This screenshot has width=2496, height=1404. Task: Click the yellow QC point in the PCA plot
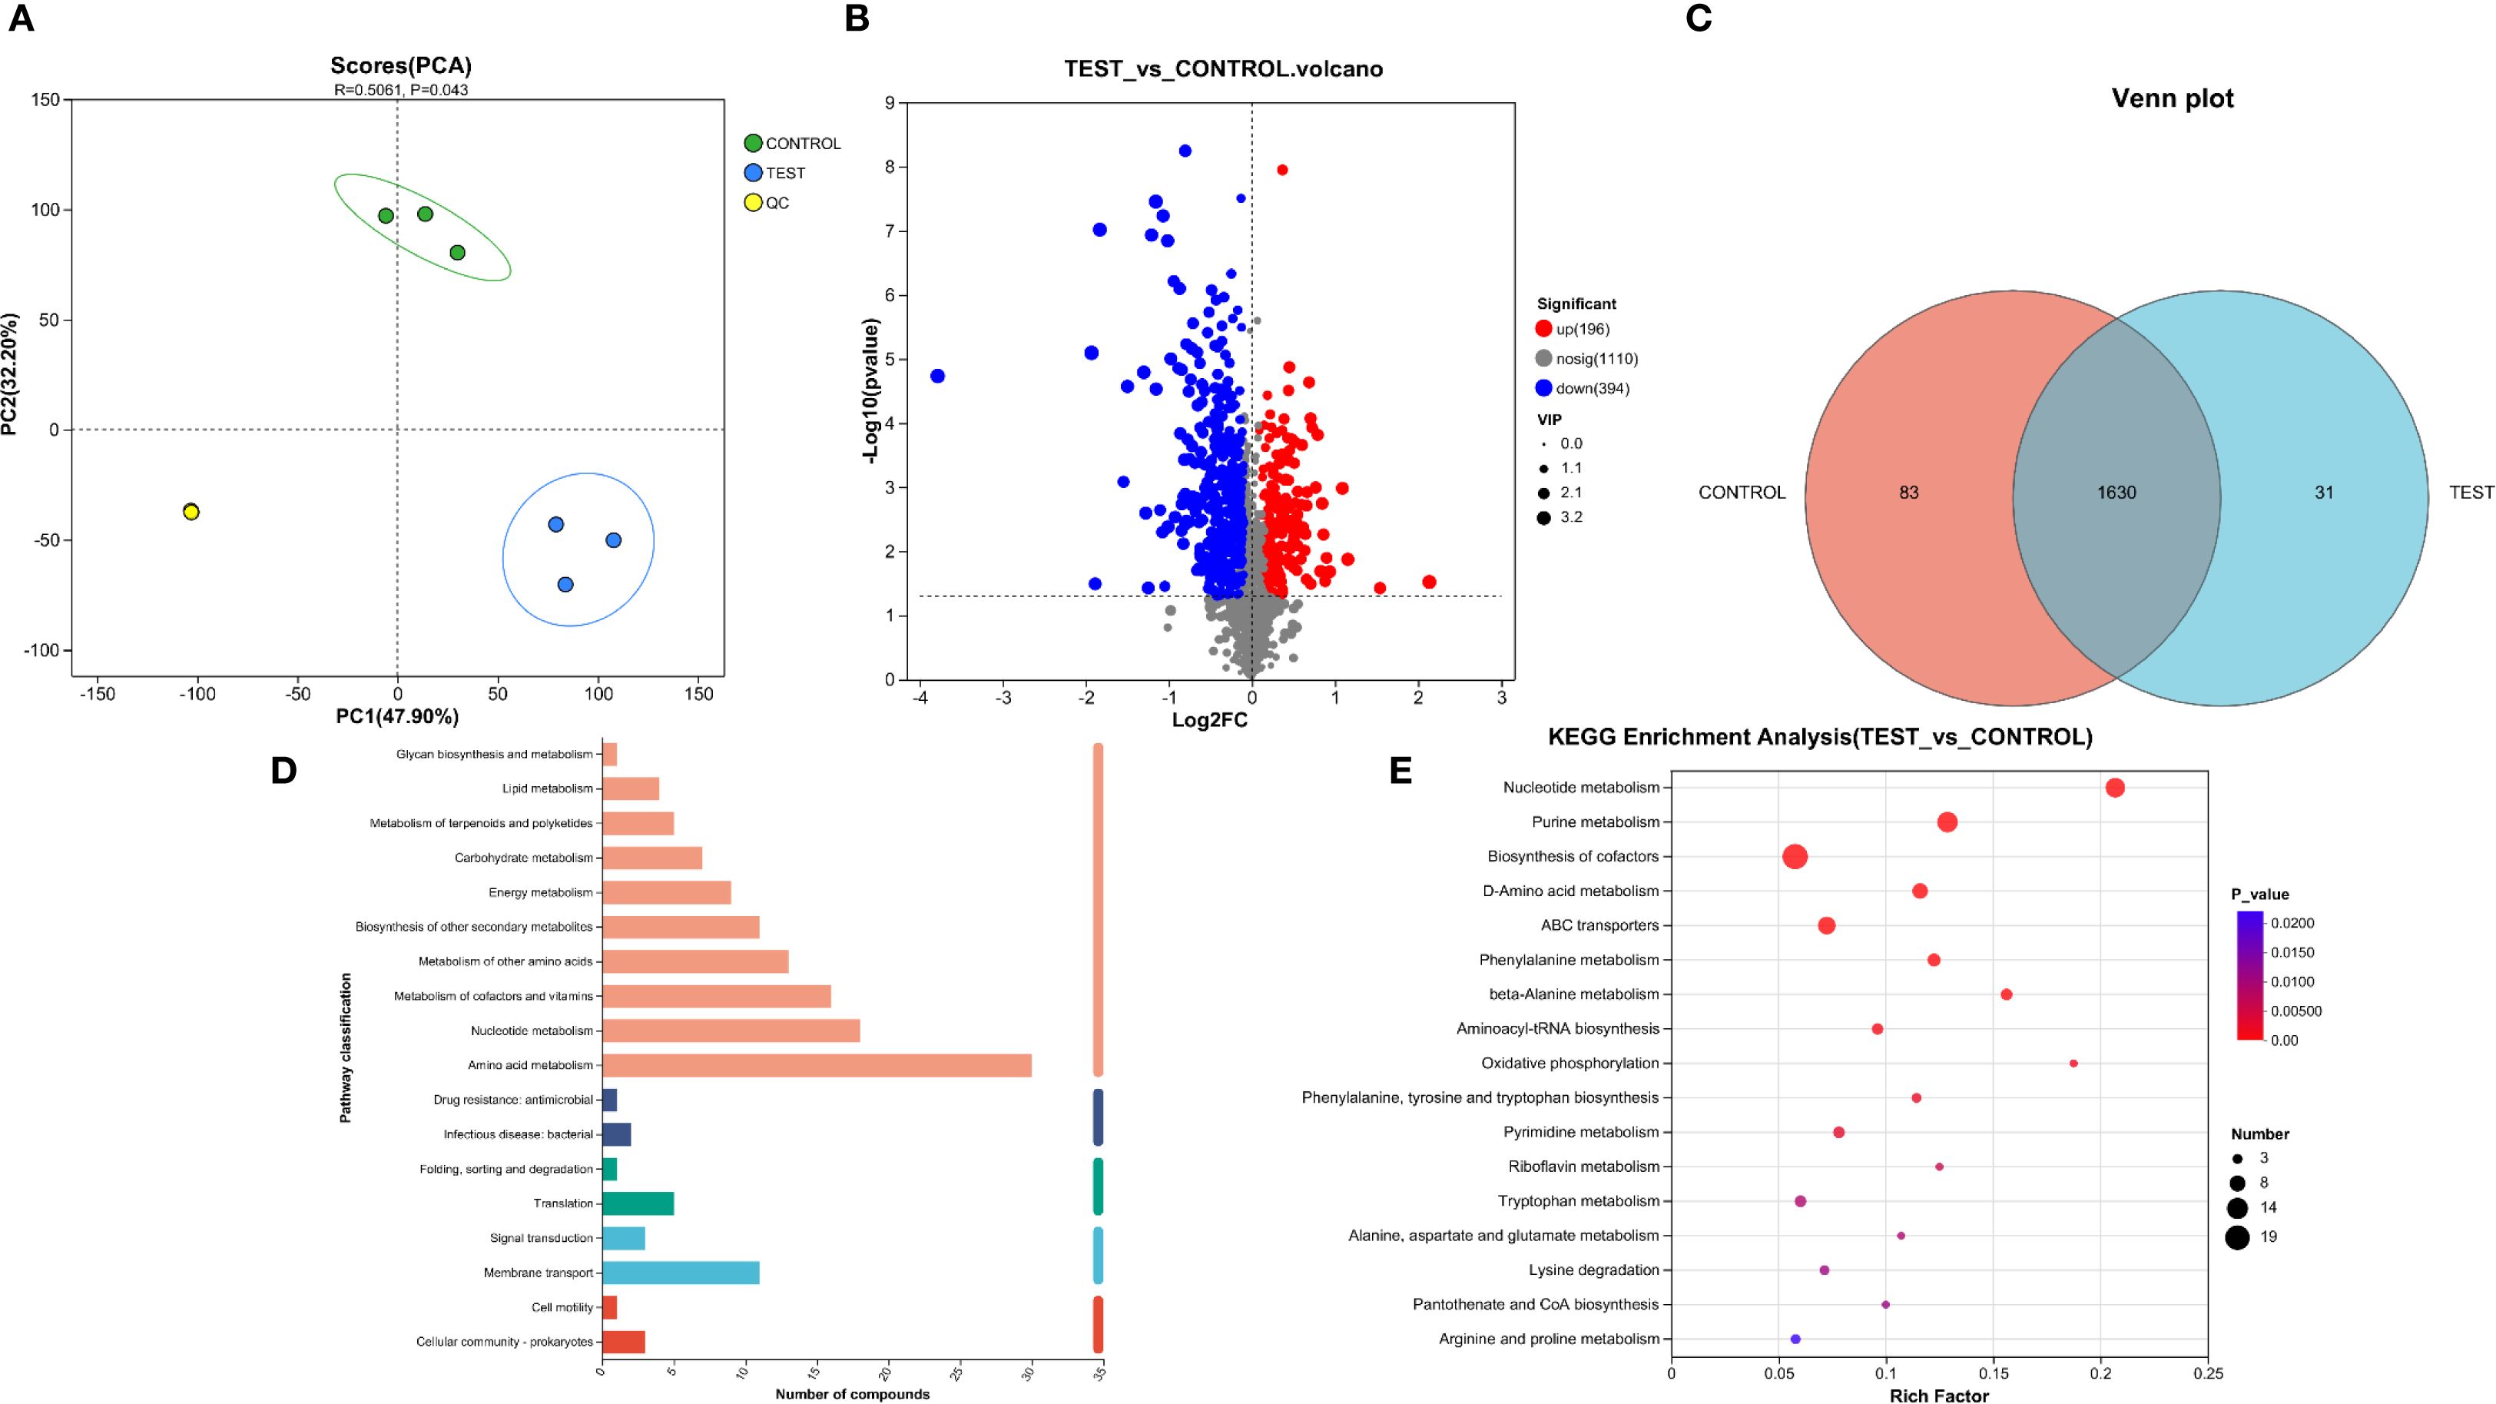coord(191,512)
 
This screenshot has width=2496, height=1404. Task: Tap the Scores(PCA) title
coord(401,66)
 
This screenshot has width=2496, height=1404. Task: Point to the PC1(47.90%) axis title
coord(397,717)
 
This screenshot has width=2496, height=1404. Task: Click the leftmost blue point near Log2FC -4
coord(937,376)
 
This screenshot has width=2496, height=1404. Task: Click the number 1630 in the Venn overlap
coord(2116,493)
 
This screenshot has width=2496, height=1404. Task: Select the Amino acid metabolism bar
coord(816,1065)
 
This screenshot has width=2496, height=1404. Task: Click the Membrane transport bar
coord(680,1273)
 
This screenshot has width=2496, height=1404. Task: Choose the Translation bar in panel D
coord(638,1203)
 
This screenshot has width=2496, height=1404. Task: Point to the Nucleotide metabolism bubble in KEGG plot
coord(2115,788)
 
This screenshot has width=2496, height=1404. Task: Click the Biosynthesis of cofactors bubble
coord(1795,857)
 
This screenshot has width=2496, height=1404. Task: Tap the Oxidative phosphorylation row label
coord(1570,1064)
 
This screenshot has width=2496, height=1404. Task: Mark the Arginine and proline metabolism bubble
coord(1795,1339)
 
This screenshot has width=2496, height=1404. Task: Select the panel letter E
coord(1400,772)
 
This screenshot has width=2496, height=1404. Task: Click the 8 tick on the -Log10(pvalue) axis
coord(890,168)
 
